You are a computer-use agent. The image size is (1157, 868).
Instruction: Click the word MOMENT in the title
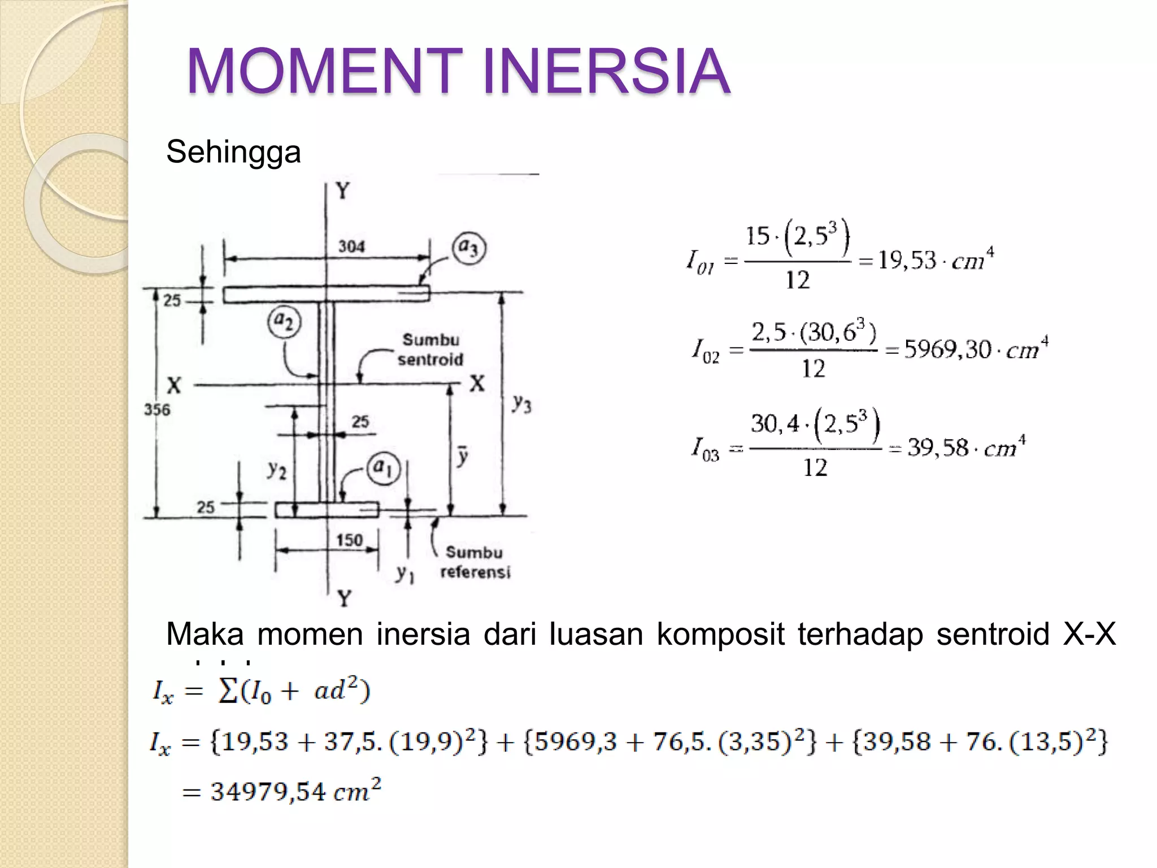[325, 71]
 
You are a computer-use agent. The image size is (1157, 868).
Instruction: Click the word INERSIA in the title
[606, 71]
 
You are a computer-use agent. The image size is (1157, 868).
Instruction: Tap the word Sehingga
[233, 152]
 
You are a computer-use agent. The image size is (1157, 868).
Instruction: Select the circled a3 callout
[469, 248]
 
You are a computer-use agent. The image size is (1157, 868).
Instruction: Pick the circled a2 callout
[284, 322]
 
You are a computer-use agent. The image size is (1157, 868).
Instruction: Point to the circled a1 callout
[384, 468]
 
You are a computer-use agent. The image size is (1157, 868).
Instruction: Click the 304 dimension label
[351, 246]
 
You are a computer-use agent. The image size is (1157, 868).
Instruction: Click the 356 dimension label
[156, 409]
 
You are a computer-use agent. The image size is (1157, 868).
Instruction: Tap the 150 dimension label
[349, 540]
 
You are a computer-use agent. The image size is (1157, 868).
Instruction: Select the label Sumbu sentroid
[430, 350]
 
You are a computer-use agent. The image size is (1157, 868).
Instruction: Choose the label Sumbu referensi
[475, 562]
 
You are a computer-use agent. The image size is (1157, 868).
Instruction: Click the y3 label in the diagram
[521, 403]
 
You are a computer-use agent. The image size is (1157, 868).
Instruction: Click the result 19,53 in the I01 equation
[907, 260]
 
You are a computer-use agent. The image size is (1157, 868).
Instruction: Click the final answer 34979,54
[268, 791]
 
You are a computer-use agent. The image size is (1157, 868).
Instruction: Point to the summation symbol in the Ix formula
[228, 691]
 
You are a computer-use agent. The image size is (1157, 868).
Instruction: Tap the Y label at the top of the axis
[343, 192]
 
